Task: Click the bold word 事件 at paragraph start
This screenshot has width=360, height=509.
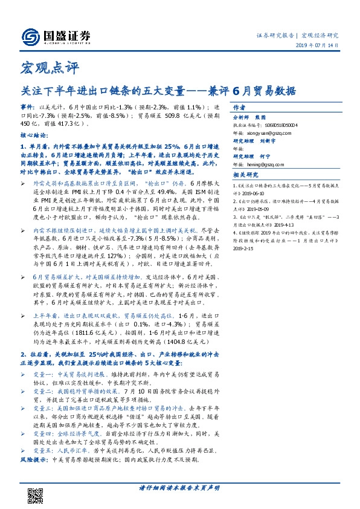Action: click(28, 106)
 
